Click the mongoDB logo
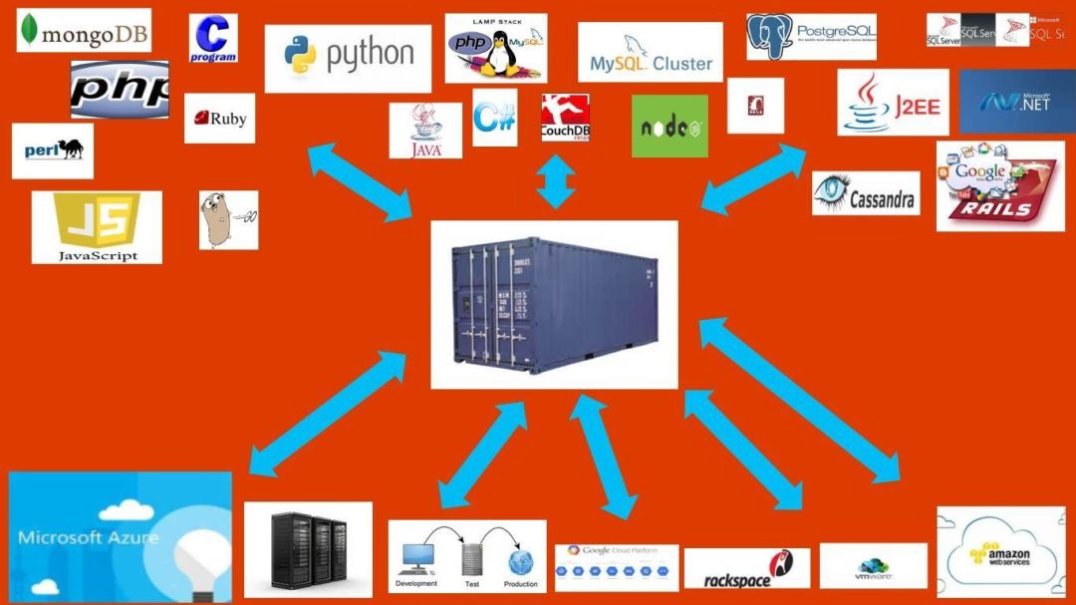tap(83, 31)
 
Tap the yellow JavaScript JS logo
tap(97, 227)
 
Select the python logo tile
tap(348, 58)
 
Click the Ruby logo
tap(219, 119)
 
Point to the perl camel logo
tap(53, 151)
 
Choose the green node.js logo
tap(670, 127)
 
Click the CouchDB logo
tap(565, 118)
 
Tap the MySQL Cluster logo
tap(650, 52)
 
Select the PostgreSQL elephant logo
tap(812, 36)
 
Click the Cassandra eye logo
tap(866, 193)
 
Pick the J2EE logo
tap(893, 103)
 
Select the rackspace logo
tap(746, 569)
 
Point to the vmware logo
tap(873, 565)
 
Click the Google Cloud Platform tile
tap(616, 567)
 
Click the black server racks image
tap(308, 549)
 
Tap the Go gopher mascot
tap(228, 219)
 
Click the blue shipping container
tap(554, 304)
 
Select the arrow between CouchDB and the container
tap(556, 182)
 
